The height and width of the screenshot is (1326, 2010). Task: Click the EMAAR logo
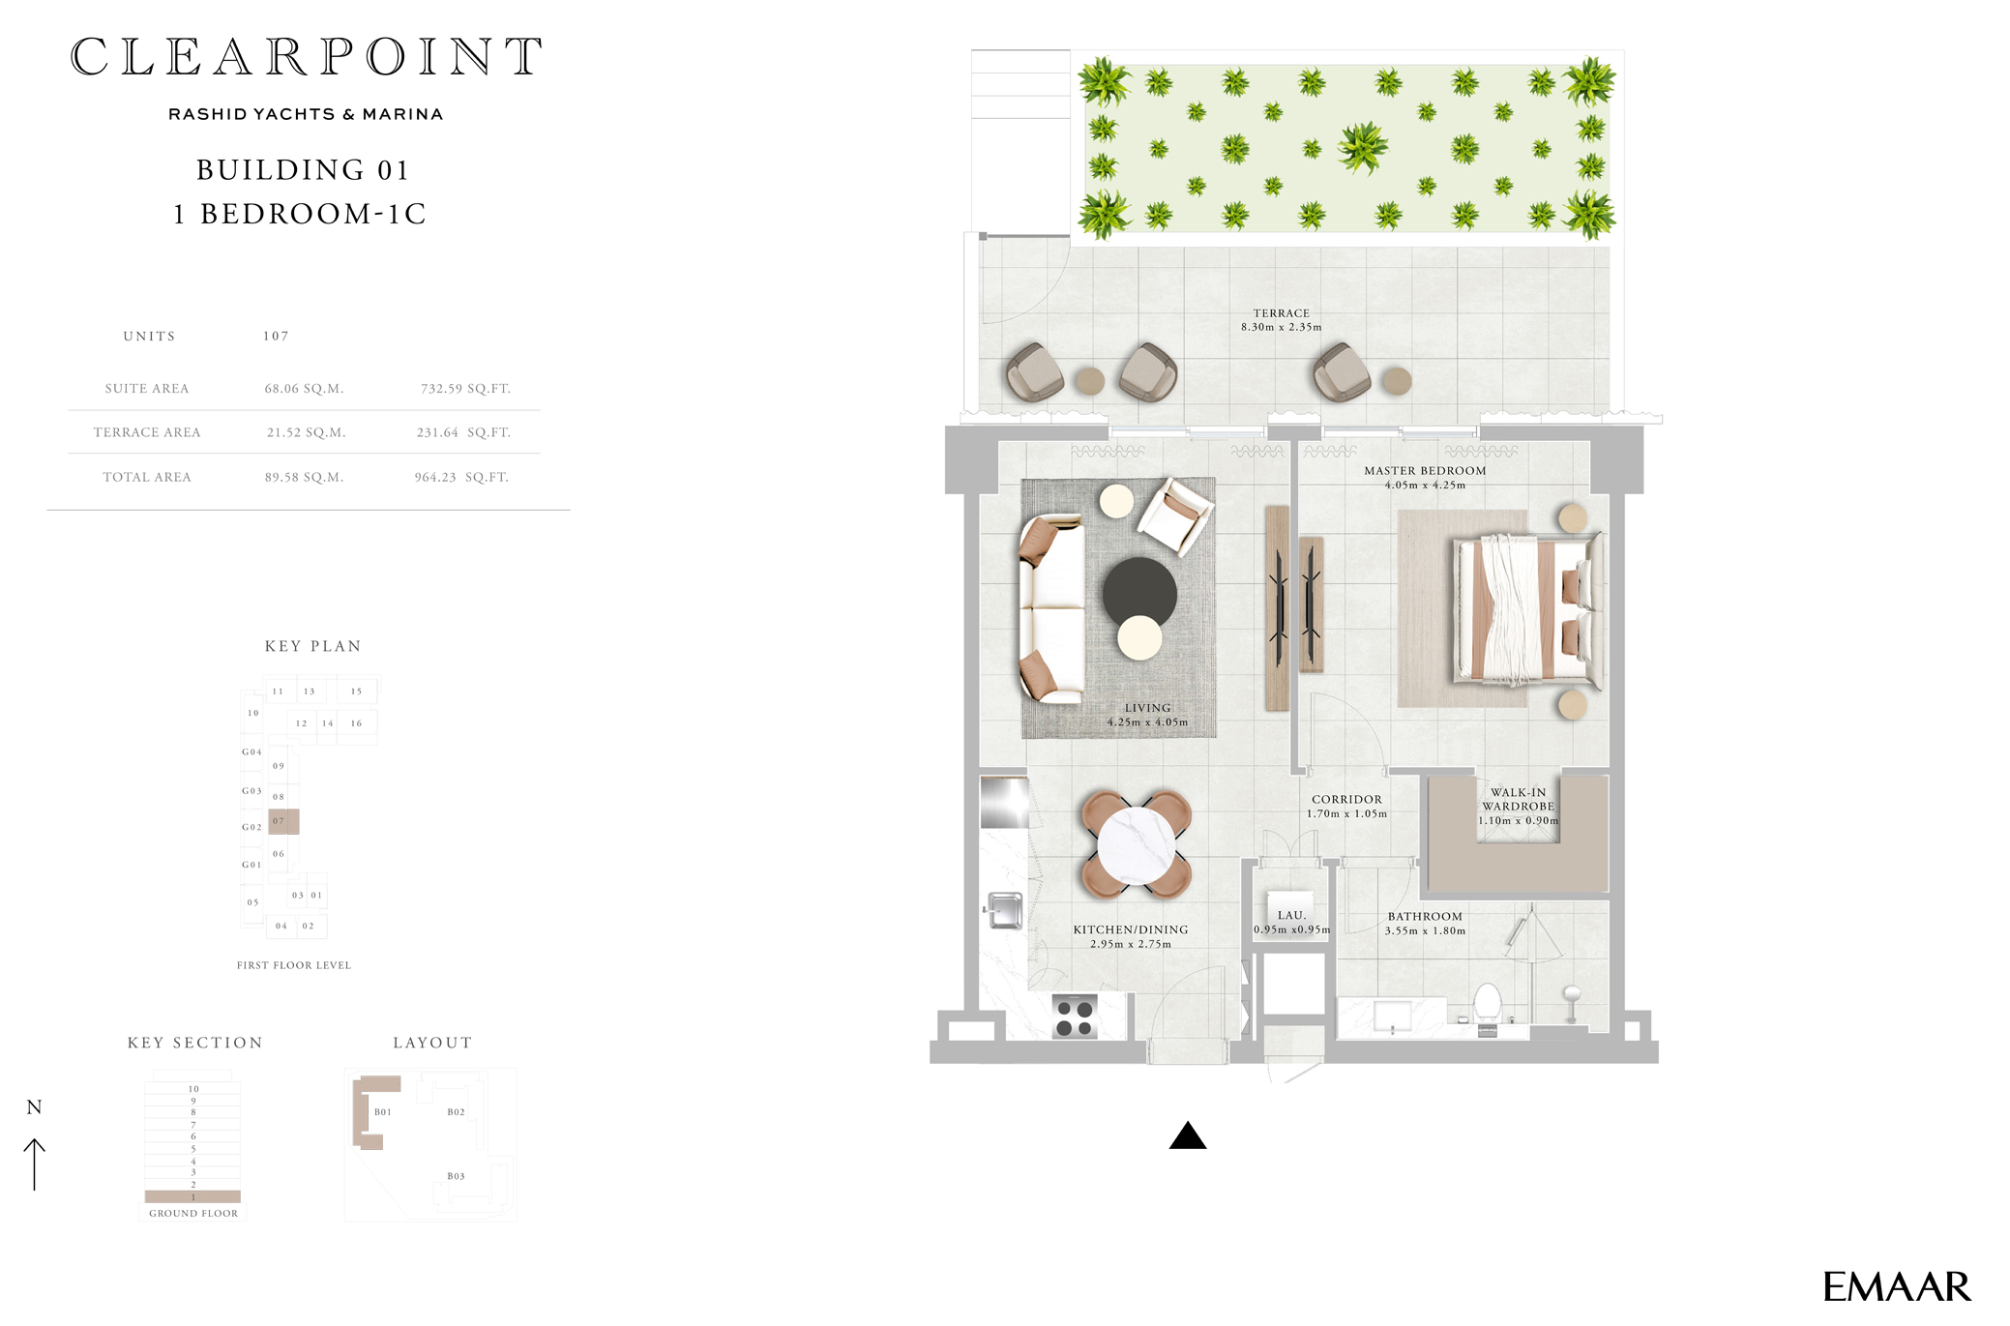coord(1895,1287)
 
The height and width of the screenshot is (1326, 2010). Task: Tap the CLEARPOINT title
coord(306,57)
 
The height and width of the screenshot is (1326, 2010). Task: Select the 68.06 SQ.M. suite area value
coord(304,389)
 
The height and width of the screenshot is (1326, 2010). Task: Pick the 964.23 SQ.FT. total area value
coord(461,478)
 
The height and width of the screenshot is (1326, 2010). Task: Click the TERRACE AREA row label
coord(147,433)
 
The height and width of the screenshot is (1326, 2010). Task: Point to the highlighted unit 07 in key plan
coord(283,821)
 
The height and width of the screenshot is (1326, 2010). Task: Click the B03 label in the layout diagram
coord(456,1176)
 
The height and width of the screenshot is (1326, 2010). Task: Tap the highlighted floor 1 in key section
coord(192,1196)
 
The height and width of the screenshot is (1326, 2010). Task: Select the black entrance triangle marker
coord(1187,1136)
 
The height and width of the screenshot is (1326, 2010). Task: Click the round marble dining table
coord(1136,845)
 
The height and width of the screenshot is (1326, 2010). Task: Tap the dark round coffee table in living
coord(1139,592)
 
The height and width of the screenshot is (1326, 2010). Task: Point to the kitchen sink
coord(1004,910)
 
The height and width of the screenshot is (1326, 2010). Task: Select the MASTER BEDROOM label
coord(1424,471)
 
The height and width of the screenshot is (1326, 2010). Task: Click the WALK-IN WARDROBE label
coord(1518,799)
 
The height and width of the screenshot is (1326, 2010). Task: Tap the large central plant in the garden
coord(1363,148)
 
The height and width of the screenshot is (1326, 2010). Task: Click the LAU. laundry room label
coord(1291,915)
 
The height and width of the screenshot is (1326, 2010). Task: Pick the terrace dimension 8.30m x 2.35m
coord(1281,327)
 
